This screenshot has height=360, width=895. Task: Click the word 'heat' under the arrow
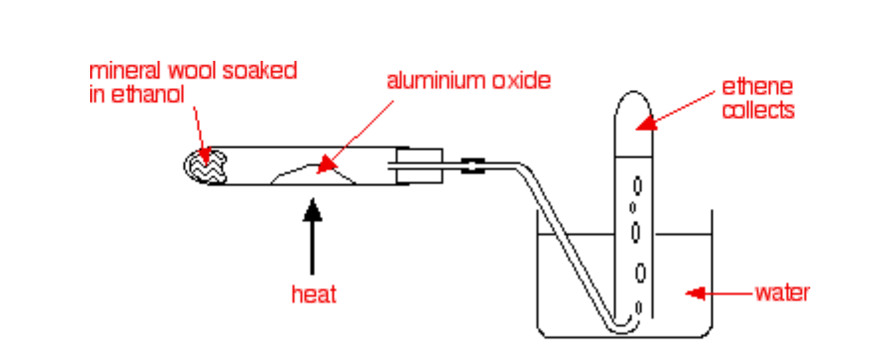click(x=314, y=294)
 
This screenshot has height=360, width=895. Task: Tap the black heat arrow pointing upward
click(x=312, y=238)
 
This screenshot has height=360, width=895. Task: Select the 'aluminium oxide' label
click(x=468, y=81)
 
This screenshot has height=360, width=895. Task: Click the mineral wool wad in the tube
click(x=207, y=164)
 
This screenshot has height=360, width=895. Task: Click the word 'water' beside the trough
click(x=782, y=292)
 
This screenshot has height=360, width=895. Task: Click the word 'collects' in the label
click(x=758, y=110)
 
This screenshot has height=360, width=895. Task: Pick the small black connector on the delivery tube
click(x=473, y=165)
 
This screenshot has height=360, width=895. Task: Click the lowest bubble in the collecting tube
click(x=639, y=307)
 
